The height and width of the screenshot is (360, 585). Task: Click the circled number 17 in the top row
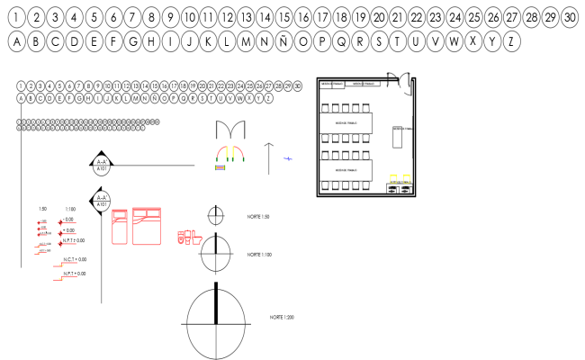click(x=322, y=17)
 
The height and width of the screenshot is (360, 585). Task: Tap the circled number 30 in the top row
click(x=568, y=17)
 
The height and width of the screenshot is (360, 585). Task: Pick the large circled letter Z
click(x=512, y=41)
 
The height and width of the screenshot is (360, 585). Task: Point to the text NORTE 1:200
click(x=283, y=318)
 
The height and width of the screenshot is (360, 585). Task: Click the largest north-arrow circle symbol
click(x=216, y=321)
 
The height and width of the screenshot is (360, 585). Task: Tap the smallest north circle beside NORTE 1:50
click(x=215, y=216)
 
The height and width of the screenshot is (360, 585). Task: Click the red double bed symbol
click(x=146, y=226)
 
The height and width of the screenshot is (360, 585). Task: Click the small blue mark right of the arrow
click(x=288, y=158)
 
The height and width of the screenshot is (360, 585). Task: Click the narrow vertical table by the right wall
click(x=397, y=139)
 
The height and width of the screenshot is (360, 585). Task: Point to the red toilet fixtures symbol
click(x=187, y=238)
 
